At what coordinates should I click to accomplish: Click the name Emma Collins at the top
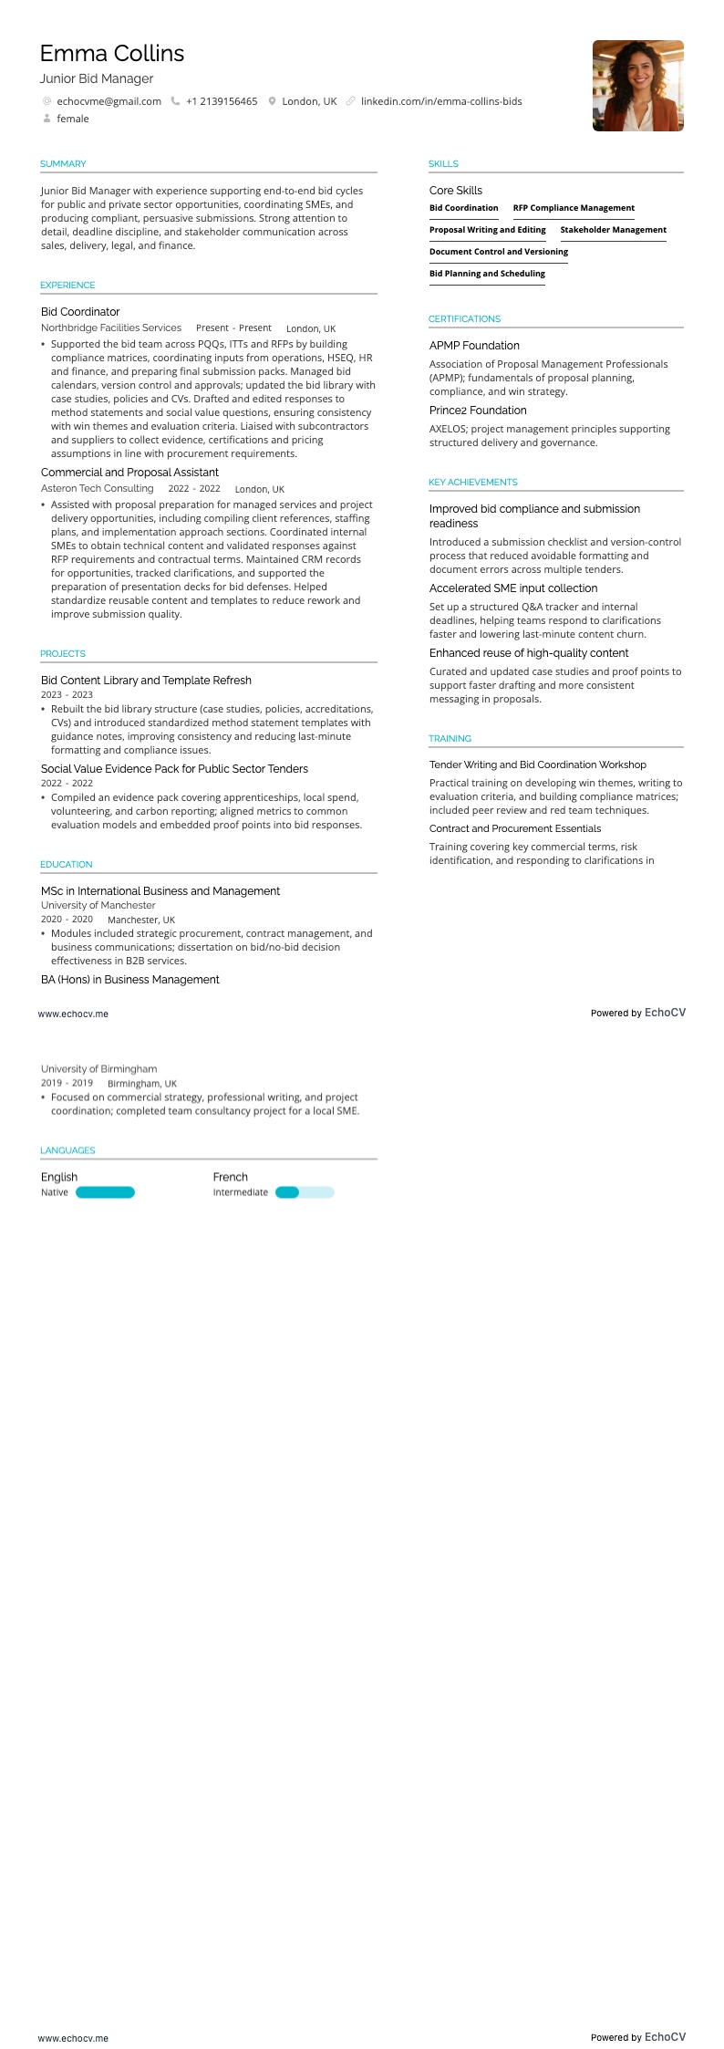point(112,54)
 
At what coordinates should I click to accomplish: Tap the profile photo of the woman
point(637,86)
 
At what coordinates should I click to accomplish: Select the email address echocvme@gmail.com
point(109,101)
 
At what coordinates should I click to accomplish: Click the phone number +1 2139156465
point(222,101)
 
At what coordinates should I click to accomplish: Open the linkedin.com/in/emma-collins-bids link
point(441,101)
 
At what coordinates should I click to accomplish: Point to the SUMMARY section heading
point(63,164)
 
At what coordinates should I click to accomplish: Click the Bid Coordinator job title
point(80,312)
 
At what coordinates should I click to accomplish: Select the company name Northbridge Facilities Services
point(111,328)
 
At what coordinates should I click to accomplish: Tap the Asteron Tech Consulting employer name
point(98,488)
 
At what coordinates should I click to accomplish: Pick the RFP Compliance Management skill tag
point(574,208)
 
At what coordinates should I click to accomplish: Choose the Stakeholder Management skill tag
point(613,230)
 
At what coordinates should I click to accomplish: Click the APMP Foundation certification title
point(474,346)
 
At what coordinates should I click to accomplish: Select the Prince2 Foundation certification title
point(478,411)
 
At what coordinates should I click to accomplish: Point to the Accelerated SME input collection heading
point(513,588)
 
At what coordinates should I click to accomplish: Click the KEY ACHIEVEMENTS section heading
point(472,483)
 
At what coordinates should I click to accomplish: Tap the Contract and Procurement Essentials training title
point(515,828)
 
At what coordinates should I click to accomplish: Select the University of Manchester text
point(98,905)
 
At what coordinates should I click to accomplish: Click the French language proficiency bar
point(305,1192)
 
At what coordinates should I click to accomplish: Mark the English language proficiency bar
point(105,1192)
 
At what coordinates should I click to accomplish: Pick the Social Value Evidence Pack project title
point(174,769)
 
